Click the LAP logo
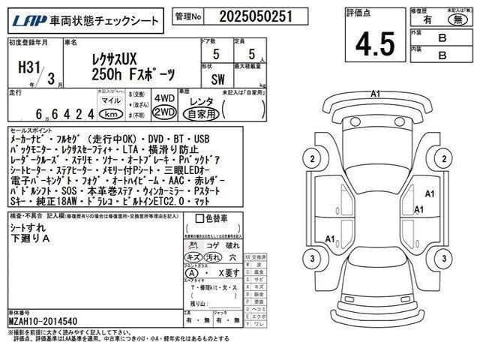tap(24, 16)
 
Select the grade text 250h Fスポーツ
tap(132, 75)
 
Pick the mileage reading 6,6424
tap(64, 114)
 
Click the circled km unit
tap(111, 114)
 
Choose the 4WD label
tap(164, 97)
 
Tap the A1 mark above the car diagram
tap(376, 93)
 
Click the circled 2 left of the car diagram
tap(310, 158)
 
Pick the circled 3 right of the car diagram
tap(442, 259)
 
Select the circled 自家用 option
tap(202, 114)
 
